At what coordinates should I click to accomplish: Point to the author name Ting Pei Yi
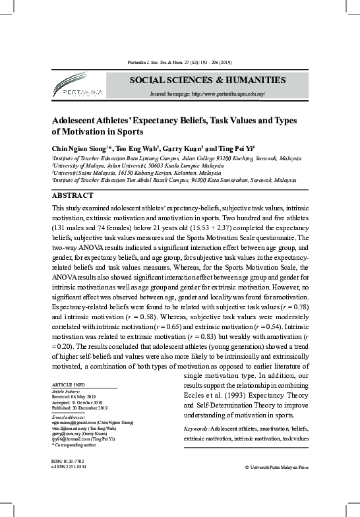(x=236, y=149)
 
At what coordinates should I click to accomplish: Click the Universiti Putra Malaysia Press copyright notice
(x=276, y=467)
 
